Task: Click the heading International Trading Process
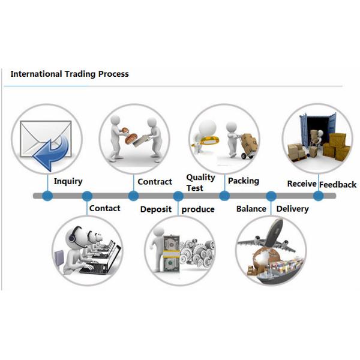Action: (x=70, y=74)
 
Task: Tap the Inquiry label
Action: (x=68, y=181)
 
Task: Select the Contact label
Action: (x=104, y=208)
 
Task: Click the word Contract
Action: (x=155, y=182)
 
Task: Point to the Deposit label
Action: (x=156, y=209)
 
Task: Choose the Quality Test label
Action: (x=200, y=182)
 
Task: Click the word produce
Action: (x=198, y=209)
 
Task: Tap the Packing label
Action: (x=244, y=181)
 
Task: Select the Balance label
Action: (x=251, y=209)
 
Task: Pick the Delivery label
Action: (x=292, y=209)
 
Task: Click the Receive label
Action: (x=301, y=184)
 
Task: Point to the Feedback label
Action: (x=338, y=184)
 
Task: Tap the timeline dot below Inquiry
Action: (x=48, y=196)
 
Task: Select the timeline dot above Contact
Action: (x=87, y=196)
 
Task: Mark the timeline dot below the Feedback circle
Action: (x=319, y=196)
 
